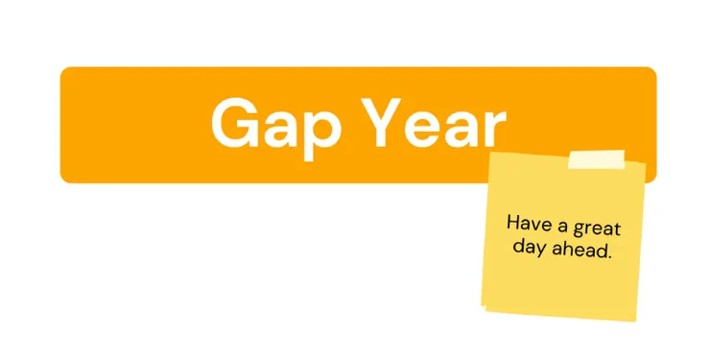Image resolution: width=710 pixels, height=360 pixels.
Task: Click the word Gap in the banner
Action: coord(275,126)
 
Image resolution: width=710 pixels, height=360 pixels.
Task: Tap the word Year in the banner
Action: coord(436,123)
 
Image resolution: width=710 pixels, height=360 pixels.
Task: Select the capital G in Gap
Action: coord(234,123)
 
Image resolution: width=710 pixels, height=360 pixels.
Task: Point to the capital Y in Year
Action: coord(384,123)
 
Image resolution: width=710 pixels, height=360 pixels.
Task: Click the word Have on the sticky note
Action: coord(529,224)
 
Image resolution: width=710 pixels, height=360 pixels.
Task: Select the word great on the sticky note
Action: coord(597,228)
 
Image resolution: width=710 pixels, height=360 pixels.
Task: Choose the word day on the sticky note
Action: coord(528,248)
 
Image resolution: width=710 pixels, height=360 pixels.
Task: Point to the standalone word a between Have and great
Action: coord(562,227)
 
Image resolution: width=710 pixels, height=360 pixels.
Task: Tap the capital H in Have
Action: coord(512,223)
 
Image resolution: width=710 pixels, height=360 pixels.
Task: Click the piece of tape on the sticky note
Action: coord(597,159)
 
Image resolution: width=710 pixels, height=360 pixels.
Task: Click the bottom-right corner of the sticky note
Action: coord(636,322)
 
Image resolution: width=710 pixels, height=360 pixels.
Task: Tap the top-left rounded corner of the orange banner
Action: coord(63,70)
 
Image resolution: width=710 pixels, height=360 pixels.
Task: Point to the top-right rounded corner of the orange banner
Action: coord(653,70)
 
